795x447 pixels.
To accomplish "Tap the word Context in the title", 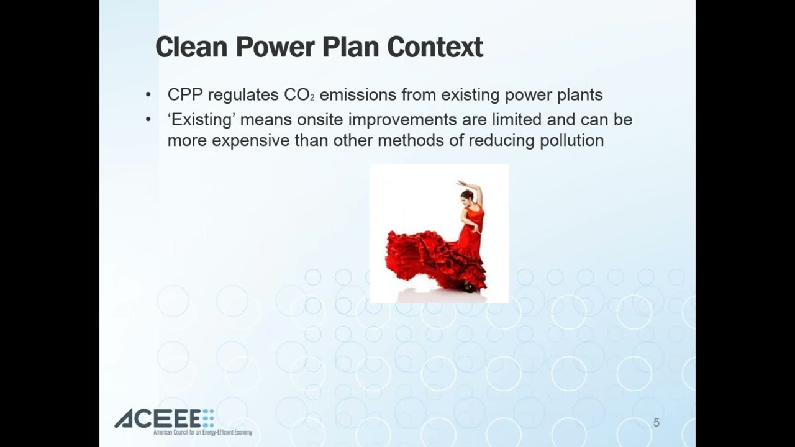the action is [435, 47].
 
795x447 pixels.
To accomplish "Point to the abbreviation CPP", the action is [185, 95].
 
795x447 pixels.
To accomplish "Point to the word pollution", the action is [572, 141].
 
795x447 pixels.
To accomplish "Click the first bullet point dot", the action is [148, 95].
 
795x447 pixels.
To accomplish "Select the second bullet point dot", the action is [148, 120].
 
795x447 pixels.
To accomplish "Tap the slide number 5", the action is [656, 423].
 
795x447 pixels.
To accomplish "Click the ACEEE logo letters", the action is [159, 418].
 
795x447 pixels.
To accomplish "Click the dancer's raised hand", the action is [461, 183].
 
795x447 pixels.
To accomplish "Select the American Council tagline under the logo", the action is [202, 433].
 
